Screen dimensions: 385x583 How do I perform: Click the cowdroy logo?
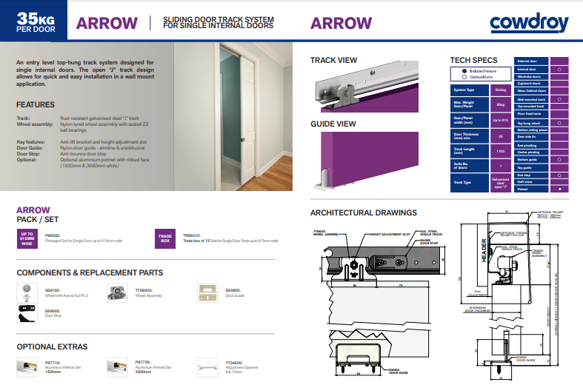528,23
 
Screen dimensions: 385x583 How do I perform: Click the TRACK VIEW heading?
333,60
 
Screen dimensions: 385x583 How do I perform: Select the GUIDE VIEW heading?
333,124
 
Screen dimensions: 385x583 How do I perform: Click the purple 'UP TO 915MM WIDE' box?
27,238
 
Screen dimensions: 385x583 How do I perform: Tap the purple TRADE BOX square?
164,238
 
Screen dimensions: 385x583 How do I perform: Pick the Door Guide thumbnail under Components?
207,292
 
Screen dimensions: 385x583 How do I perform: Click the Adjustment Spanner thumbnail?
207,366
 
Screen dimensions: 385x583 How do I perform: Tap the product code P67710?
53,361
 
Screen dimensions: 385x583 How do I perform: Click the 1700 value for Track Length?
500,151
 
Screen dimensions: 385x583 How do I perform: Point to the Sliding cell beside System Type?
500,90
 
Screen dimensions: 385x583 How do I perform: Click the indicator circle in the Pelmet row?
559,190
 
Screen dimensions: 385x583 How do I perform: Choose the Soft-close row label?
527,182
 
